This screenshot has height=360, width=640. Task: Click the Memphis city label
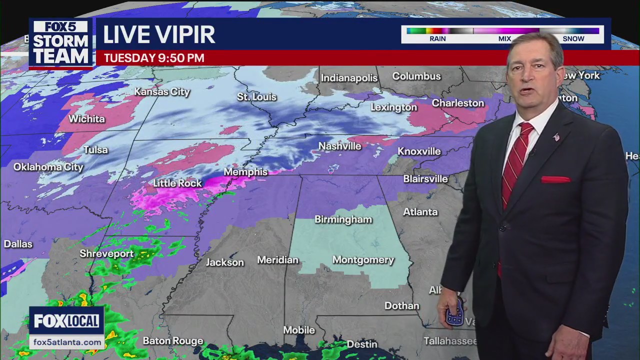click(245, 172)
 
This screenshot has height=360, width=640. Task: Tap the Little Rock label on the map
click(177, 183)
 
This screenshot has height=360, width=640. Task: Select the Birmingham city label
click(343, 219)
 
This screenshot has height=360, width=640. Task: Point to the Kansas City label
click(162, 92)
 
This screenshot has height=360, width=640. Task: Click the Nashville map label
click(340, 146)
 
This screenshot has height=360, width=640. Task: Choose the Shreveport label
click(106, 254)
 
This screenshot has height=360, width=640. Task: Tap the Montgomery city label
click(363, 260)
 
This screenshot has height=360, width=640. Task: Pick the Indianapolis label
click(349, 78)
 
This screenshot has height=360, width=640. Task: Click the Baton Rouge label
click(173, 341)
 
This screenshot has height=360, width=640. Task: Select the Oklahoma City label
click(48, 167)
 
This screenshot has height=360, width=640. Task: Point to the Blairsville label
click(425, 179)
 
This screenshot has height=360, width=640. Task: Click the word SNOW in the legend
click(573, 39)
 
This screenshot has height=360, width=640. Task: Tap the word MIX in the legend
click(504, 39)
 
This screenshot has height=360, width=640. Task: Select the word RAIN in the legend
click(437, 39)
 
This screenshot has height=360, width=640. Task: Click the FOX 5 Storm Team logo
click(60, 43)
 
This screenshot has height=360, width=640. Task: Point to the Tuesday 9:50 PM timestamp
click(154, 58)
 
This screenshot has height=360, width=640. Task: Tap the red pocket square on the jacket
click(555, 179)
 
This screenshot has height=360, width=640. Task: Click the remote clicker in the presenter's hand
click(455, 313)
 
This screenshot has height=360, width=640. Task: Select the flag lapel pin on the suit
click(556, 137)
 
